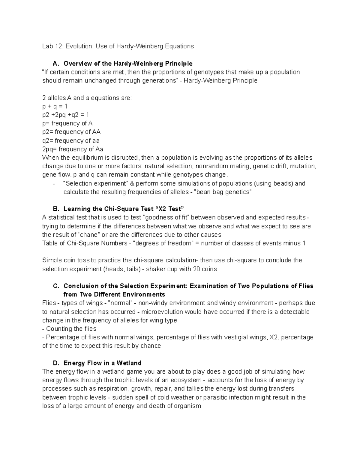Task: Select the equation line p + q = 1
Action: [55, 106]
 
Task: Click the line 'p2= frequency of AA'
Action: [71, 132]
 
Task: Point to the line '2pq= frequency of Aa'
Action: [73, 149]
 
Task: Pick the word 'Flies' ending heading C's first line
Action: [306, 286]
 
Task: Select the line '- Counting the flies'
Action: [69, 329]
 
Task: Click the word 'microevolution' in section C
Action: [162, 312]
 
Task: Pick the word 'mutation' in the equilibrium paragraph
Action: [304, 166]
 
